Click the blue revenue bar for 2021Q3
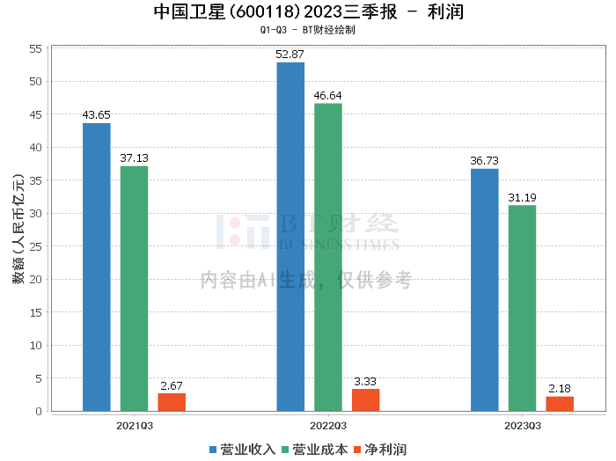[x=97, y=267]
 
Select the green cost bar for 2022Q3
[x=328, y=257]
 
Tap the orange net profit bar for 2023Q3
[x=560, y=404]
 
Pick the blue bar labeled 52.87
[x=290, y=237]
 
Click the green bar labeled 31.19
[x=522, y=308]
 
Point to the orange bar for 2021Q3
[x=172, y=402]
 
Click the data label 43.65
[x=96, y=115]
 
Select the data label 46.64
[x=327, y=95]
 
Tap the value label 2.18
[x=560, y=389]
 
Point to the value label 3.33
[x=365, y=381]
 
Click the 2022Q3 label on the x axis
[x=328, y=426]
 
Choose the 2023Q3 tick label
[x=523, y=426]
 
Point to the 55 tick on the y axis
[x=36, y=48]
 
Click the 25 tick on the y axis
[x=36, y=246]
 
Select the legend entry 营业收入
[x=242, y=450]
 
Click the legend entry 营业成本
[x=315, y=450]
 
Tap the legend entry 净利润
[x=380, y=450]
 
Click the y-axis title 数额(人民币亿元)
[x=18, y=229]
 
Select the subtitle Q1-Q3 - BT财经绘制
[x=308, y=30]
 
